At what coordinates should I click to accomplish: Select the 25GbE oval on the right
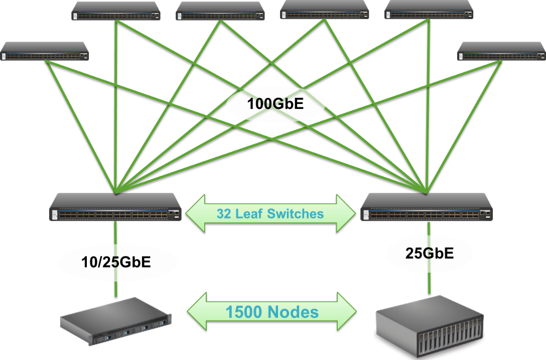[430, 254]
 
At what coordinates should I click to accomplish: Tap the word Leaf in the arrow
[249, 213]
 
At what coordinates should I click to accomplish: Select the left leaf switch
[115, 207]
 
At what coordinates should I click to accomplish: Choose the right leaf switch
[427, 207]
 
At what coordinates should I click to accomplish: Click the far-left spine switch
[45, 52]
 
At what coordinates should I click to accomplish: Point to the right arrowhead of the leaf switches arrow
[346, 213]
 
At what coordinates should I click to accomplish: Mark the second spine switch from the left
[116, 11]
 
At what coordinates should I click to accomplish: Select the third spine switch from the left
[220, 11]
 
